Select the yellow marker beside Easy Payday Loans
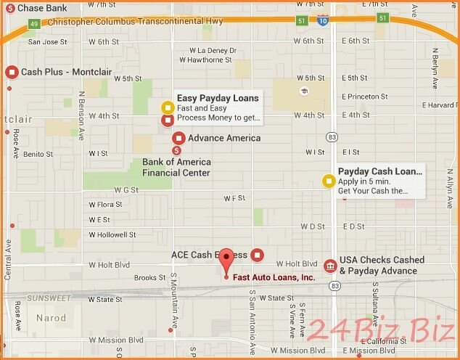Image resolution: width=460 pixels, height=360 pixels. tap(167, 108)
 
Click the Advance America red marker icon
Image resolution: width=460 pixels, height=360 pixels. tap(178, 138)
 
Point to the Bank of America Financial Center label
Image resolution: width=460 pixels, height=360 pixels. tap(176, 168)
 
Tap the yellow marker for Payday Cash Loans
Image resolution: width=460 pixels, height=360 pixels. tap(329, 181)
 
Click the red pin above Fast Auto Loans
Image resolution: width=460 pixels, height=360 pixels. tap(226, 258)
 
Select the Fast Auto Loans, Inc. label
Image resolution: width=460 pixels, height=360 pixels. tap(274, 277)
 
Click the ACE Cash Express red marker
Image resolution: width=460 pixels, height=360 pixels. tap(257, 255)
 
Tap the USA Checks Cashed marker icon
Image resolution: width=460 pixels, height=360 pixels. tap(330, 266)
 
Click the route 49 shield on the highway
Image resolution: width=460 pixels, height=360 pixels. tap(34, 24)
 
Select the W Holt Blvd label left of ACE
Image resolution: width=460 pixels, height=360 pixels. tap(108, 264)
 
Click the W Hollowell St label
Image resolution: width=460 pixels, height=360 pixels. tap(112, 235)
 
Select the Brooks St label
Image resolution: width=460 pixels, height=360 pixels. tap(151, 278)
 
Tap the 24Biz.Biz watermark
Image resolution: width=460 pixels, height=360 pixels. tap(381, 331)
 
